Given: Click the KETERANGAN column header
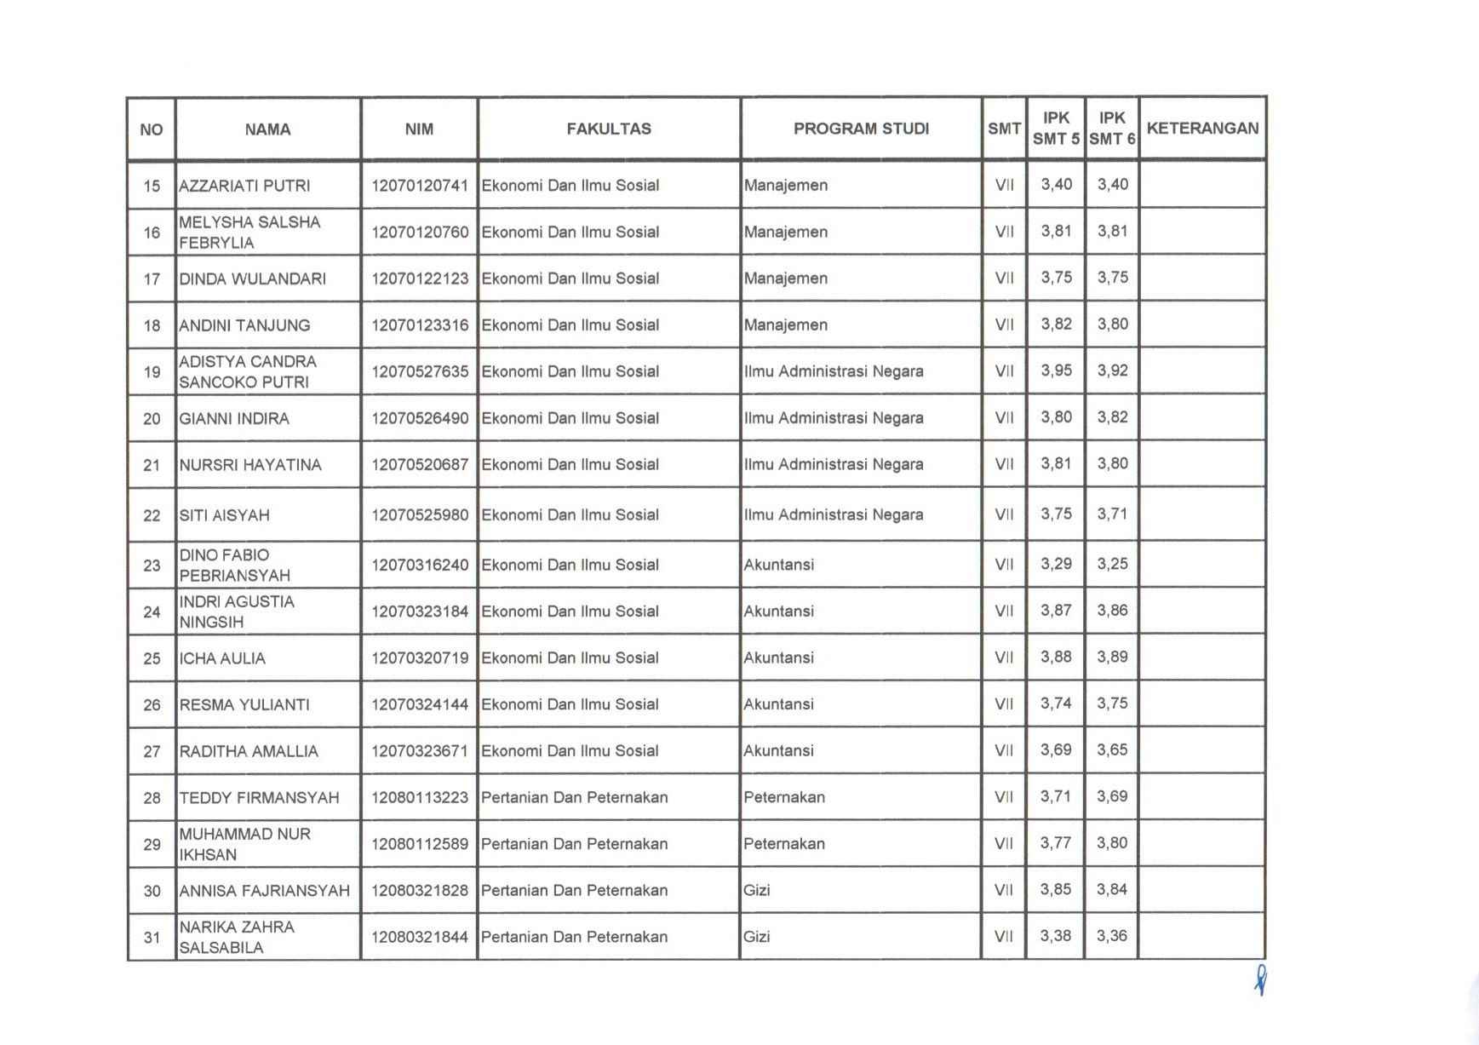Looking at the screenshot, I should pos(1202,129).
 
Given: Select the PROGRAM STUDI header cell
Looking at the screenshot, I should pos(861,129).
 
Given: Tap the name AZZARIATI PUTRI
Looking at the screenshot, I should pos(244,186).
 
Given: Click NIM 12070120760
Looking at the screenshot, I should pos(420,232).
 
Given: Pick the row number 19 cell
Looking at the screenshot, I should pos(152,371).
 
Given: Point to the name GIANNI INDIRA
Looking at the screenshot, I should pos(234,418).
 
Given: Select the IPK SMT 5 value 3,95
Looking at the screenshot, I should pos(1056,370).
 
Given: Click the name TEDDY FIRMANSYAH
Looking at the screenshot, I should pos(259,798).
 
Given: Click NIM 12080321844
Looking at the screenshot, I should pos(420,937).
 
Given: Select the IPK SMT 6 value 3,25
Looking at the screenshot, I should pos(1112,564).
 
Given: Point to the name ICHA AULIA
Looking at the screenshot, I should pos(222,658).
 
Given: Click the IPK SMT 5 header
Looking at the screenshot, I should pos(1056,129).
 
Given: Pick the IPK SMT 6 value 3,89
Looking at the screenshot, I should pos(1112,657).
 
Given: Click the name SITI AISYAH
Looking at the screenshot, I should pos(224,515).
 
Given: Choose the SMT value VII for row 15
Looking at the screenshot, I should pos(1004,185).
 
